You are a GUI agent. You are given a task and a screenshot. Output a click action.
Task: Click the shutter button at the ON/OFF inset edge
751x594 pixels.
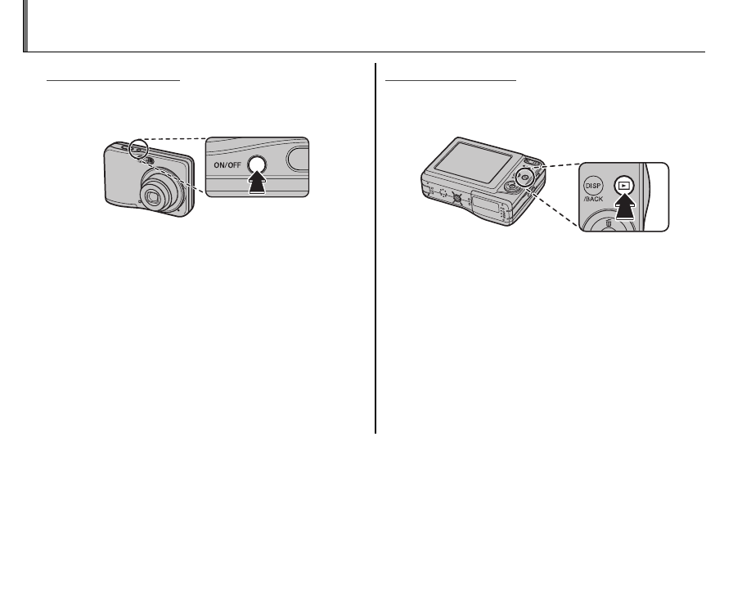tap(299, 156)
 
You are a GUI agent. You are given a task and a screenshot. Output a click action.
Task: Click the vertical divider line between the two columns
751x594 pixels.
tap(375, 245)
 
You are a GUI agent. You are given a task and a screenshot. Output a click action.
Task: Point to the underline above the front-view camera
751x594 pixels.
tap(113, 81)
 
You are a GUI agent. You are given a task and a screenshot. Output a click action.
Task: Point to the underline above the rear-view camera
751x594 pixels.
tap(452, 81)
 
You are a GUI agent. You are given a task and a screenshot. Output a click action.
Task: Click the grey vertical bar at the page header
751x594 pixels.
tap(25, 26)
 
